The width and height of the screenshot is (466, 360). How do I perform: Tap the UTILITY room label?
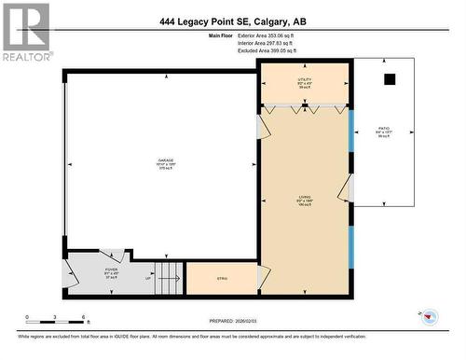pyautogui.click(x=305, y=82)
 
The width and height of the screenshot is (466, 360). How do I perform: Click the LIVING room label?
pyautogui.click(x=305, y=198)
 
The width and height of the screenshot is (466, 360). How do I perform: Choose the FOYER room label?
pyautogui.click(x=111, y=271)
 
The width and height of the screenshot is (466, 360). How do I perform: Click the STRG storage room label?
pyautogui.click(x=222, y=278)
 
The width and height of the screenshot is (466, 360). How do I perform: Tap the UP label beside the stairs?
pyautogui.click(x=148, y=278)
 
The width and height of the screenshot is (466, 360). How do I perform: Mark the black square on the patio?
pyautogui.click(x=390, y=79)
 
